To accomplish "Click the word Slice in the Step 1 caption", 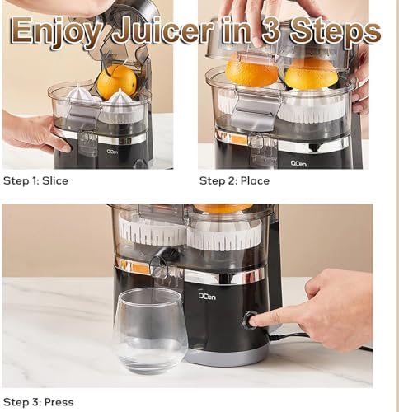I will coord(55,180).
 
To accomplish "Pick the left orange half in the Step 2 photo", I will coord(251,73).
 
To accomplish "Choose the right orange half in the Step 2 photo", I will coord(312,73).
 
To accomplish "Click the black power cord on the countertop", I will coord(330,340).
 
